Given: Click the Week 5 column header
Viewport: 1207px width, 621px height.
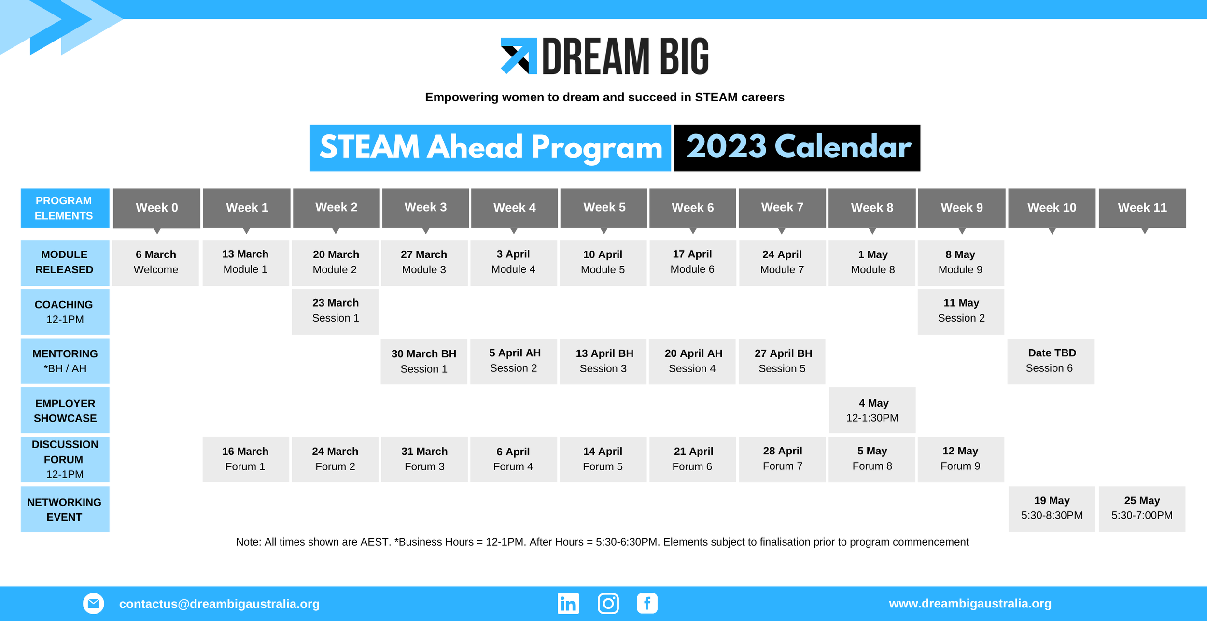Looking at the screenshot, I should click(603, 208).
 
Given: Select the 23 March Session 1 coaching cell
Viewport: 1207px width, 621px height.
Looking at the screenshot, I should click(335, 311).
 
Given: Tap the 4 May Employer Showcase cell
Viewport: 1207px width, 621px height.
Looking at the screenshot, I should click(872, 410).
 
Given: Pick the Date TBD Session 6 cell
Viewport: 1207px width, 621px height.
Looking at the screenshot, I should click(1051, 361).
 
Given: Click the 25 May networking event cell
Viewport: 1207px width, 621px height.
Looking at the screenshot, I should click(1141, 508).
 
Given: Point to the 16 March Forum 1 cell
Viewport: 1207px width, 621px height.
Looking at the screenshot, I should click(245, 459).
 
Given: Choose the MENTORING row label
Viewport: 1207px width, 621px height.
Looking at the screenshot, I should click(65, 361).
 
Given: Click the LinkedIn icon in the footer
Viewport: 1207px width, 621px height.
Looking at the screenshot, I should click(568, 604).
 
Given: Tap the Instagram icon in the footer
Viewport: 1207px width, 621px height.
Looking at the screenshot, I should click(608, 604).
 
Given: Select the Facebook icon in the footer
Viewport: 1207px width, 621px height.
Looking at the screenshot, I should click(647, 604).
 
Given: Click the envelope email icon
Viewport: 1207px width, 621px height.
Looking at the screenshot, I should click(93, 604).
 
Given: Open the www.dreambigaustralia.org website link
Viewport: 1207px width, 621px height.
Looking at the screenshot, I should click(970, 604).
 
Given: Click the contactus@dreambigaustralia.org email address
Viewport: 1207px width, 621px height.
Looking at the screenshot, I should click(219, 604).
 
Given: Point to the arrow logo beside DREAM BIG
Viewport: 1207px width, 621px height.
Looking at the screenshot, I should click(519, 56).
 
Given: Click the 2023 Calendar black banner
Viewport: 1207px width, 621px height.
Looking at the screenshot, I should click(797, 148).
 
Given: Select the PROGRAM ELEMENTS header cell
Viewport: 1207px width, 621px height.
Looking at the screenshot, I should click(65, 208).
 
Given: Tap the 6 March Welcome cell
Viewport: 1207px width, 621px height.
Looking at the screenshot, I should click(155, 263).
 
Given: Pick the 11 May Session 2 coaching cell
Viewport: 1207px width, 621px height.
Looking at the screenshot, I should click(961, 311).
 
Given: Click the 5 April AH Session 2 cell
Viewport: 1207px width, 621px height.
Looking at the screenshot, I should click(514, 361).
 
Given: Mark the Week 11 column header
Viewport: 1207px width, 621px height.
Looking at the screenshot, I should click(1142, 208).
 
